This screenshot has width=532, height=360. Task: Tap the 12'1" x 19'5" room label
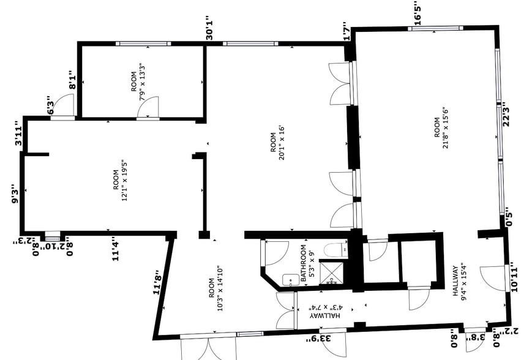(119, 187)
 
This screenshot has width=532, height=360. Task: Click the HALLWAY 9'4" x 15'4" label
(460, 280)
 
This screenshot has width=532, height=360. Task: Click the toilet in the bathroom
(335, 249)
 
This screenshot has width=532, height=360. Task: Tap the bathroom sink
(289, 279)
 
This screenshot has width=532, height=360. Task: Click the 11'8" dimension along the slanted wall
(159, 282)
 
